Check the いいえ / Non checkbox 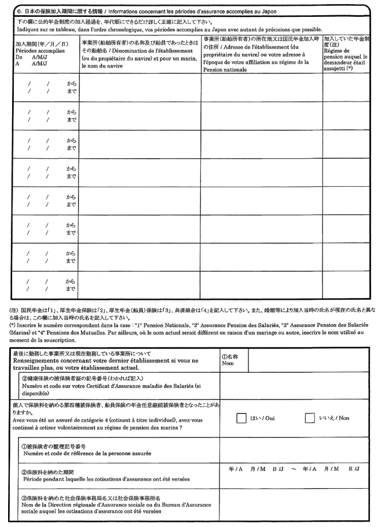click(309, 418)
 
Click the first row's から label click(71, 84)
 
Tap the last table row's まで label click(71, 288)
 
